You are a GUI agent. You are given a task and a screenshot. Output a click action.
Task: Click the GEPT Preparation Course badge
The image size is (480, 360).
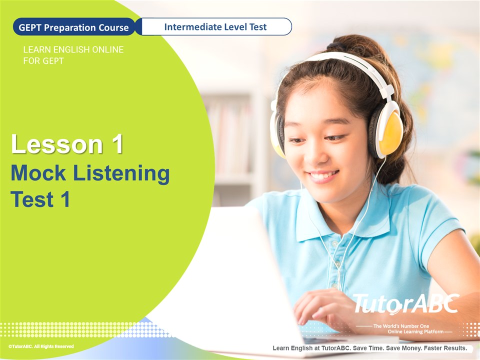pyautogui.click(x=74, y=27)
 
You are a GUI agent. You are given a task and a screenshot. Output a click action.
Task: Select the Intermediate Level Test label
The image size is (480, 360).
pyautogui.click(x=215, y=27)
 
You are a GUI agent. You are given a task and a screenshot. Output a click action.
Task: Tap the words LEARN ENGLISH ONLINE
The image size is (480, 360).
pyautogui.click(x=73, y=49)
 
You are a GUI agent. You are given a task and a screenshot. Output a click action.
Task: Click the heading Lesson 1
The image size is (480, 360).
pyautogui.click(x=67, y=144)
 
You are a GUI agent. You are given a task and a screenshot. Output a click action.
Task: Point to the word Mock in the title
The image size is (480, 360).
pyautogui.click(x=38, y=173)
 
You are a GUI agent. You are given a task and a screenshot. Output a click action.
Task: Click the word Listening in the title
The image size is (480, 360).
pyautogui.click(x=121, y=174)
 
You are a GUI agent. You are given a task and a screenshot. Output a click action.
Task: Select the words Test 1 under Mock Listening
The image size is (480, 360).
pyautogui.click(x=40, y=199)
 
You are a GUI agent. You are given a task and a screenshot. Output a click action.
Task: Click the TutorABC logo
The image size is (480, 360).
pyautogui.click(x=406, y=304)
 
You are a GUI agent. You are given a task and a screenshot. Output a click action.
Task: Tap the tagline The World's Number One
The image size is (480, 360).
pyautogui.click(x=401, y=326)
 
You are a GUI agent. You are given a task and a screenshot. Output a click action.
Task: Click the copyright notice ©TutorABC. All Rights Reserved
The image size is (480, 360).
pyautogui.click(x=41, y=346)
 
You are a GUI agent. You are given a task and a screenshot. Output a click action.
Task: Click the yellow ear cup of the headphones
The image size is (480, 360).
pyautogui.click(x=391, y=133)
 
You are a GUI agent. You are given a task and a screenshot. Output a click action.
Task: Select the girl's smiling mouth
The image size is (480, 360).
pyautogui.click(x=323, y=176)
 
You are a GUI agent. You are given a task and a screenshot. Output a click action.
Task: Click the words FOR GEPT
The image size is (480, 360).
pyautogui.click(x=43, y=61)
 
